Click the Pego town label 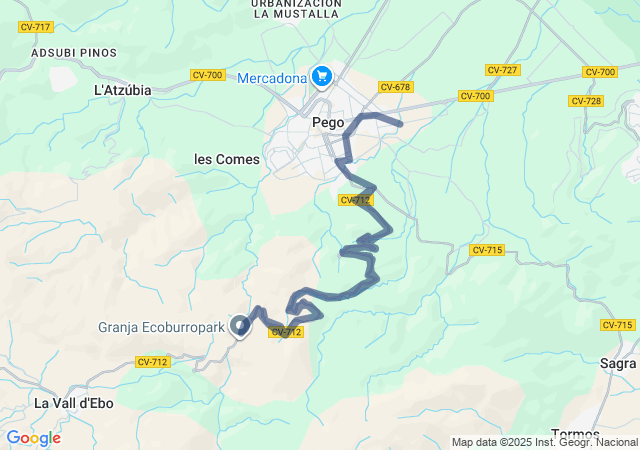[328, 122]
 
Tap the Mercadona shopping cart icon [322, 76]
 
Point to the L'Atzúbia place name [122, 90]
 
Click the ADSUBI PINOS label [74, 52]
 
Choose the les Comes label [226, 159]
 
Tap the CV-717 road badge [35, 27]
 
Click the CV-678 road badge [395, 87]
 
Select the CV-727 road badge [501, 69]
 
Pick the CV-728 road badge [584, 101]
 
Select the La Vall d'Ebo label [74, 403]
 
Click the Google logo [33, 438]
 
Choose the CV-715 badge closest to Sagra [618, 325]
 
